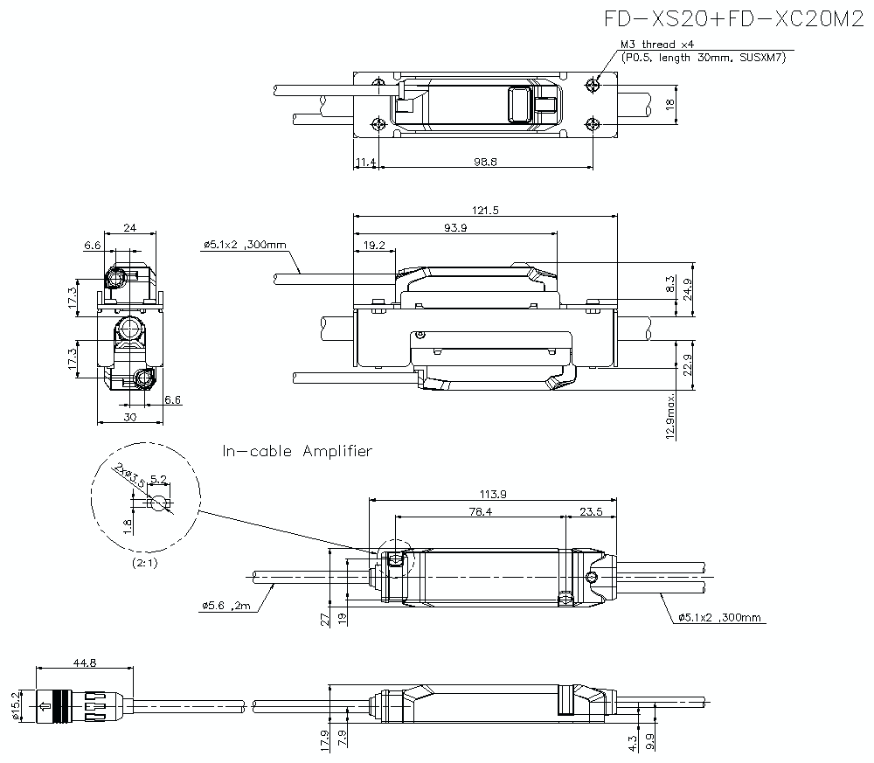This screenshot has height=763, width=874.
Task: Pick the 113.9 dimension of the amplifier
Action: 493,494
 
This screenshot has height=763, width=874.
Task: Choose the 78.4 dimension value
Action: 480,512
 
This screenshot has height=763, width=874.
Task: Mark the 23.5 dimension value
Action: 593,512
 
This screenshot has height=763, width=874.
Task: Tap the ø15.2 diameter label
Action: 14,703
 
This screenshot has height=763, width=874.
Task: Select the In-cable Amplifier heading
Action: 297,451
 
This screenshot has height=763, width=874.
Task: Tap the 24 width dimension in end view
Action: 129,227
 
